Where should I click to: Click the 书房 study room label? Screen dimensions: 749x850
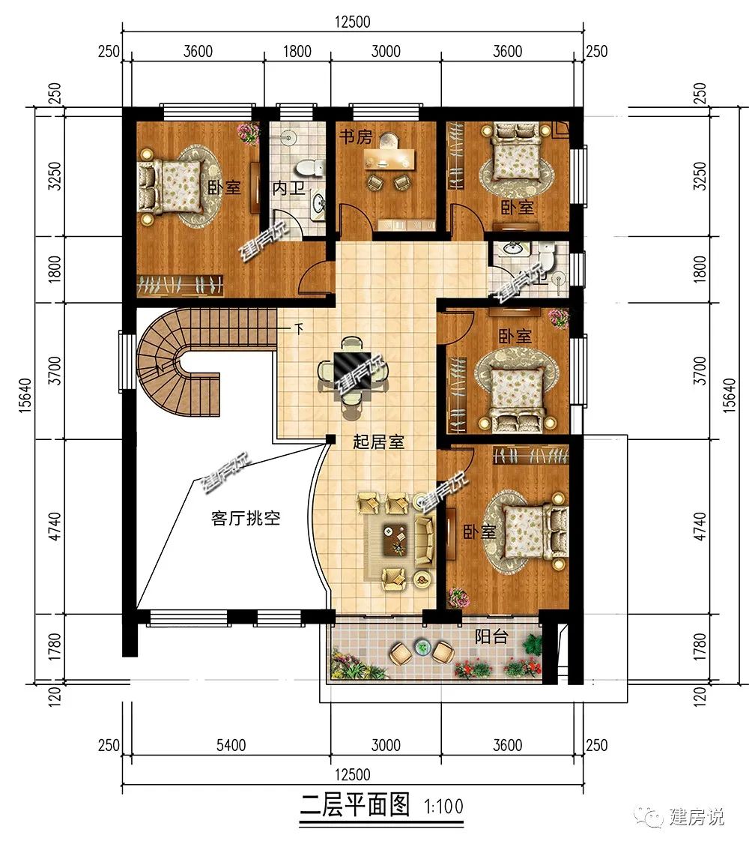click(x=356, y=136)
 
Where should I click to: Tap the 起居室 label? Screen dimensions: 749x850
click(x=378, y=441)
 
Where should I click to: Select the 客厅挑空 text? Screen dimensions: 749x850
click(x=246, y=518)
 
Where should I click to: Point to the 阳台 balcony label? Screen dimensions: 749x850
click(x=491, y=636)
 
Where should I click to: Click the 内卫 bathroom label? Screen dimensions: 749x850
click(x=289, y=188)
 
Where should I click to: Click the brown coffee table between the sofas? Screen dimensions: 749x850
click(x=395, y=540)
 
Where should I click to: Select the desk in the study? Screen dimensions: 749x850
click(x=389, y=157)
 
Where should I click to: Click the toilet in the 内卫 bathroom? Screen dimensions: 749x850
click(x=312, y=166)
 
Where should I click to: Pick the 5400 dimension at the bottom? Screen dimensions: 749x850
click(x=231, y=745)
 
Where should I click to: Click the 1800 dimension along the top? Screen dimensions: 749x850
click(x=297, y=52)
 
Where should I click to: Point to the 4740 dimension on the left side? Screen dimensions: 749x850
click(x=55, y=526)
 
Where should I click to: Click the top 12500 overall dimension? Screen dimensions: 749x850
click(x=353, y=22)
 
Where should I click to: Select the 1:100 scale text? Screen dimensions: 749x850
click(x=444, y=806)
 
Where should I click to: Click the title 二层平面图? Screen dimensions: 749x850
click(x=355, y=805)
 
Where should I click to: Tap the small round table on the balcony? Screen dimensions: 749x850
click(x=422, y=646)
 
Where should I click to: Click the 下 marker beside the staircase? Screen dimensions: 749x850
click(x=298, y=328)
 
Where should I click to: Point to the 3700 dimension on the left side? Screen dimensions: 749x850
click(x=55, y=371)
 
